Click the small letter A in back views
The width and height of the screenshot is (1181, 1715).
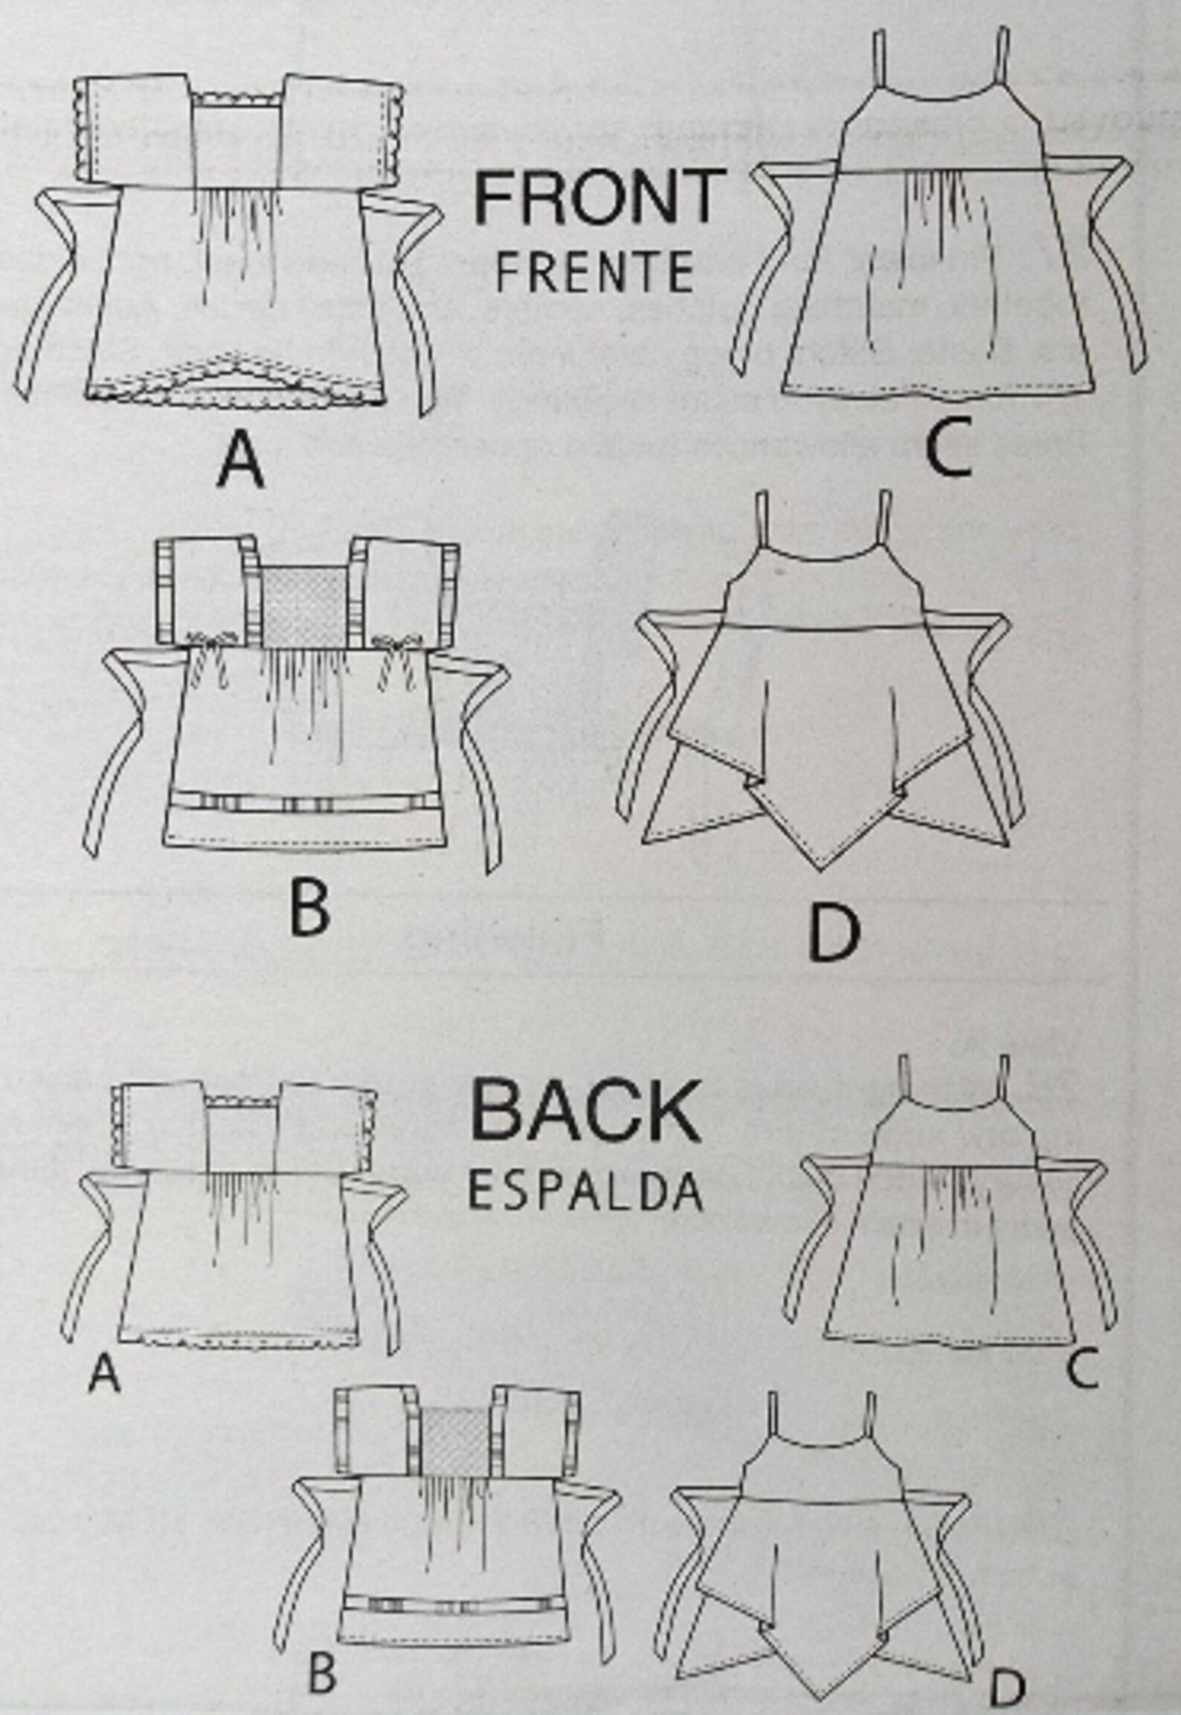click(103, 1373)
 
